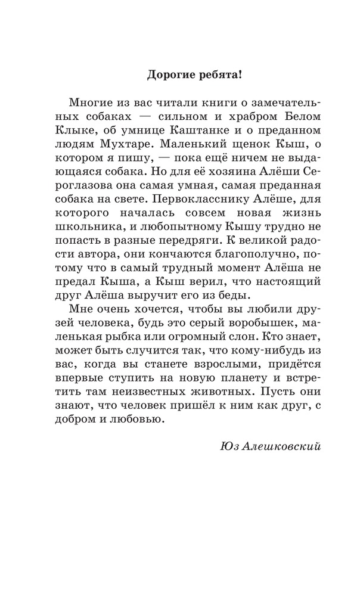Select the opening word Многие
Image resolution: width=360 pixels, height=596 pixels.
pos(89,102)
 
